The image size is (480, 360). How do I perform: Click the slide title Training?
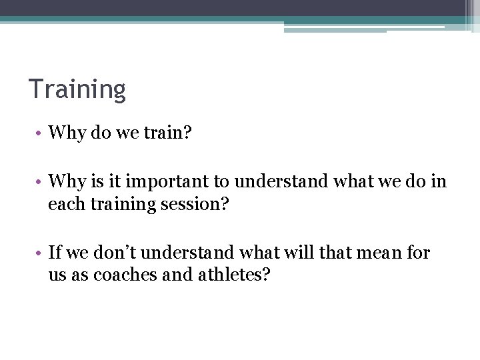[x=77, y=89]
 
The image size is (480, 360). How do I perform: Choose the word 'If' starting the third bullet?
[x=55, y=253]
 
